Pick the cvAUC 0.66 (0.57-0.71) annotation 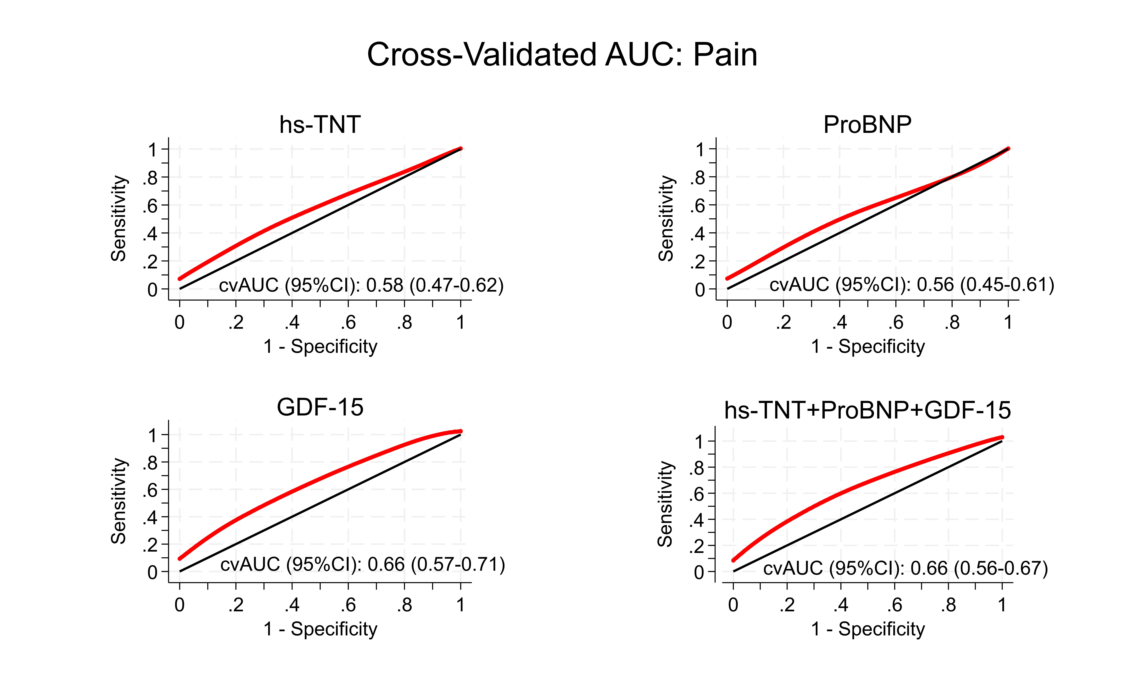(x=362, y=565)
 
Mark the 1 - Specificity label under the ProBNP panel (x=868, y=347)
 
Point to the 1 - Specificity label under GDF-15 (x=320, y=629)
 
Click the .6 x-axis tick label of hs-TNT (x=348, y=323)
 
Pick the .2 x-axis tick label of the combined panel (x=787, y=605)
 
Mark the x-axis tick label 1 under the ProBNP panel (x=1008, y=323)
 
